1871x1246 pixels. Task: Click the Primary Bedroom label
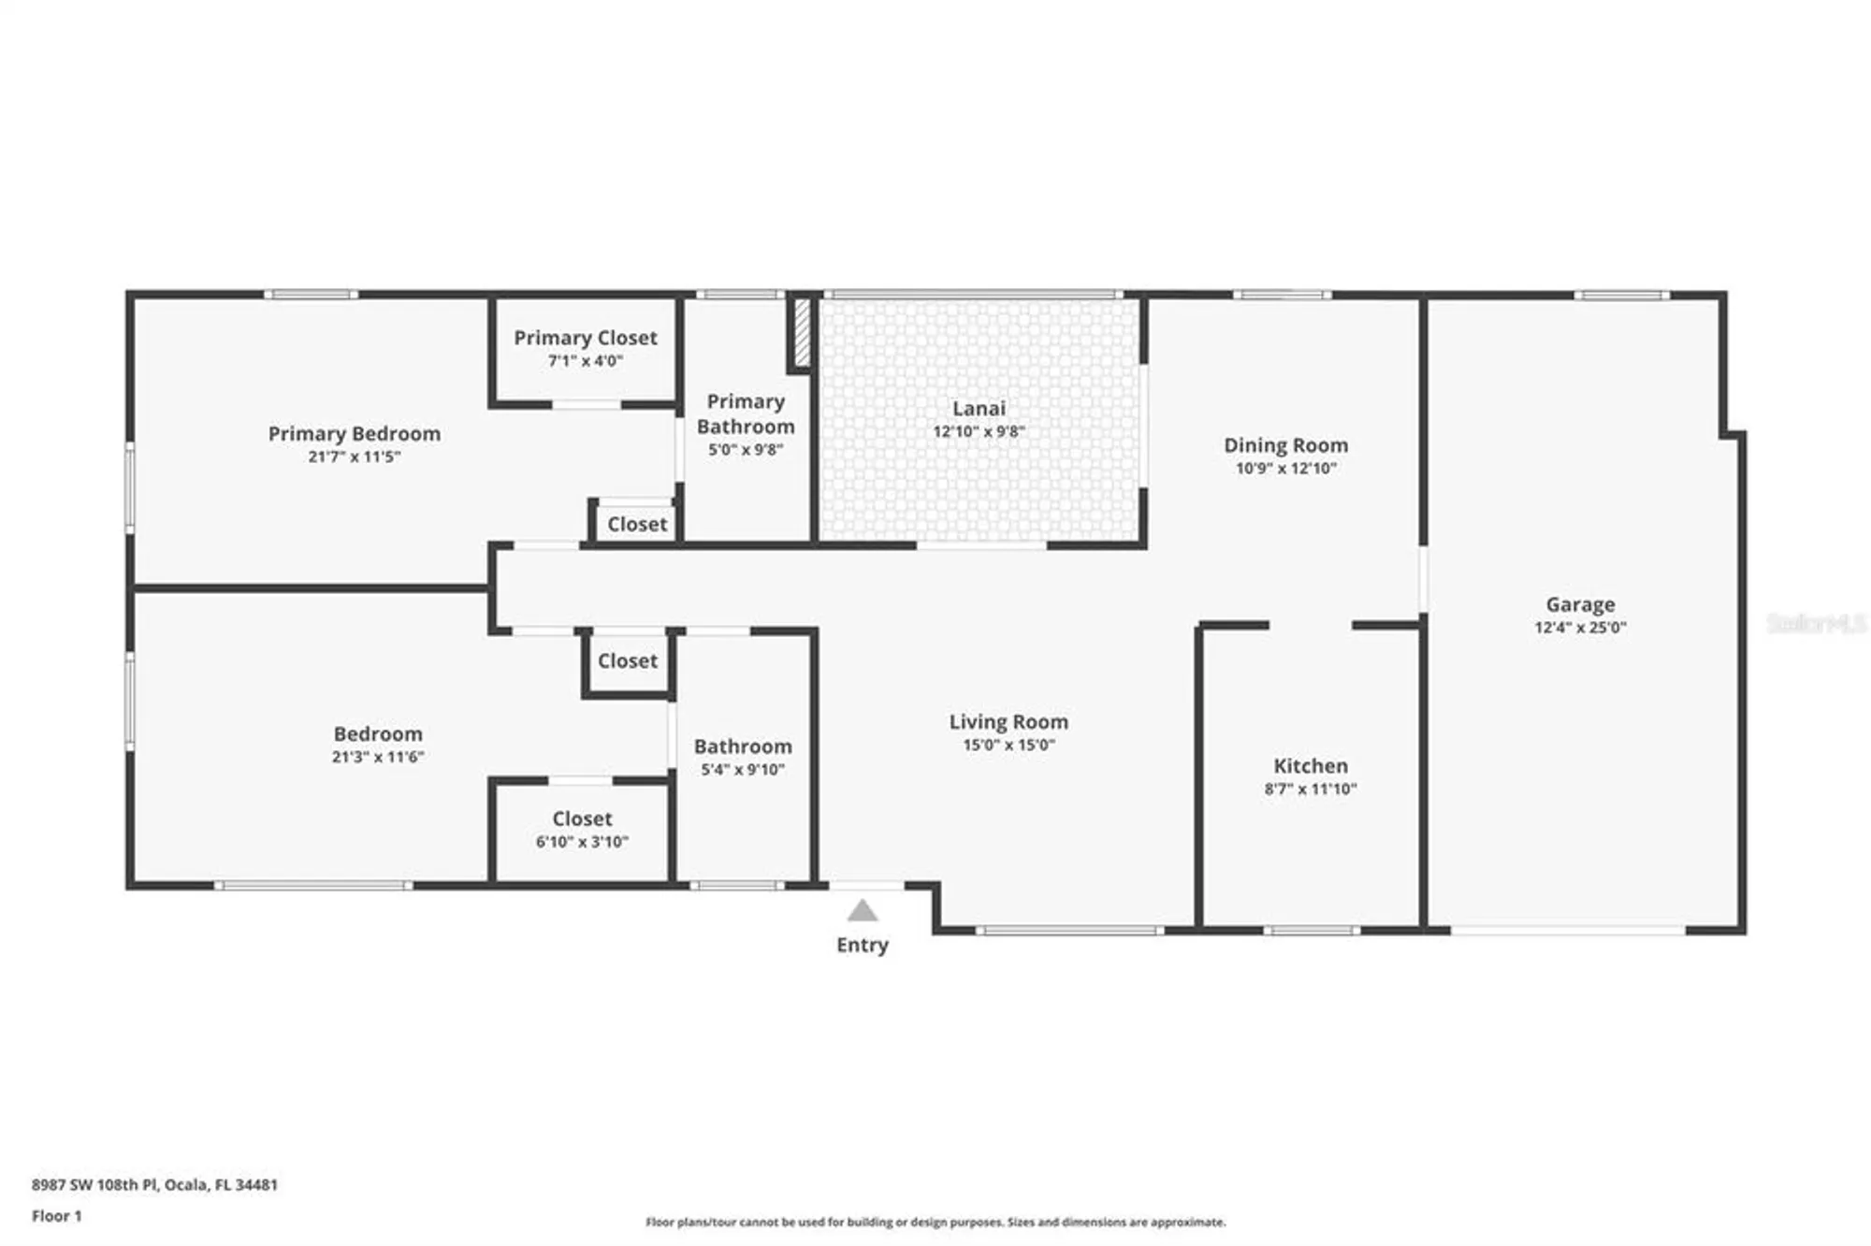[x=354, y=434]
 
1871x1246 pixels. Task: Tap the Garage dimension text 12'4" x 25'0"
[x=1580, y=628]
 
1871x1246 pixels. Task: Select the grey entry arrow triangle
[x=863, y=911]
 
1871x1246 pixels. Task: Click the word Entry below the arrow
[x=863, y=945]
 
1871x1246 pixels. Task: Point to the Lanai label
[x=979, y=409]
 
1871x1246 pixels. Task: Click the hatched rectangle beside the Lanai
[x=802, y=333]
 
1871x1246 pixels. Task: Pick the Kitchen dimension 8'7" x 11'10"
[x=1310, y=789]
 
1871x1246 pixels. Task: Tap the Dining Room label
[x=1285, y=446]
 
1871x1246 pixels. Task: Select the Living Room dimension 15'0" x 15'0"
[x=1008, y=746]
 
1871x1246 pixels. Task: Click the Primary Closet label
[x=586, y=338]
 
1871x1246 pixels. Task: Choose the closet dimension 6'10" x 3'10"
[x=582, y=842]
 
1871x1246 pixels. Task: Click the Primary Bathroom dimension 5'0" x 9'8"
[x=745, y=450]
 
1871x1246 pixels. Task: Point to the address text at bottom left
[x=154, y=1184]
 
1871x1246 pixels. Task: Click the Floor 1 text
[x=57, y=1216]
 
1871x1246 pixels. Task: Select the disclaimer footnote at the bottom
[x=935, y=1222]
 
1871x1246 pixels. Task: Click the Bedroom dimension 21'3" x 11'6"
[x=378, y=757]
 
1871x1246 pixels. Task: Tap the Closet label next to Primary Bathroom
[x=637, y=525]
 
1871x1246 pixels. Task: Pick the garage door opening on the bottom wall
[x=1568, y=931]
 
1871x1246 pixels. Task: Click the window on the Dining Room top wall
[x=1282, y=296]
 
